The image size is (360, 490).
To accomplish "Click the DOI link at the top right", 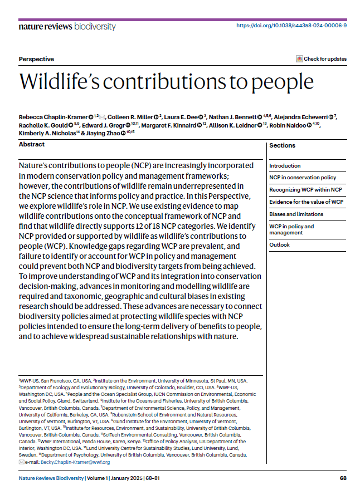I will [x=291, y=26].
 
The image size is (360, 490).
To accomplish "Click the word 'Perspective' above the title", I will [x=36, y=59].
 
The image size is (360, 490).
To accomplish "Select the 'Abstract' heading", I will [x=32, y=144].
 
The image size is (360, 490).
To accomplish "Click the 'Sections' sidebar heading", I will [x=282, y=145].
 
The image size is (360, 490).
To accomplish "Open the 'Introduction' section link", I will [x=285, y=165].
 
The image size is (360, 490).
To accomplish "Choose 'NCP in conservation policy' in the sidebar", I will [x=303, y=178].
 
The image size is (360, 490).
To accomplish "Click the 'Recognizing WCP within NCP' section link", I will [x=305, y=190].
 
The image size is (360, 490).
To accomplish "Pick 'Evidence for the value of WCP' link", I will [x=306, y=202].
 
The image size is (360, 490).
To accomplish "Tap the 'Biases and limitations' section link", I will [x=296, y=214].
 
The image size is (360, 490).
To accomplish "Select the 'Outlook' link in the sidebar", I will [x=279, y=244].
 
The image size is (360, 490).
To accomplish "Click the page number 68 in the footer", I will [x=343, y=478].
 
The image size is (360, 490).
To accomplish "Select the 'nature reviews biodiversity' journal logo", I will [x=67, y=26].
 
